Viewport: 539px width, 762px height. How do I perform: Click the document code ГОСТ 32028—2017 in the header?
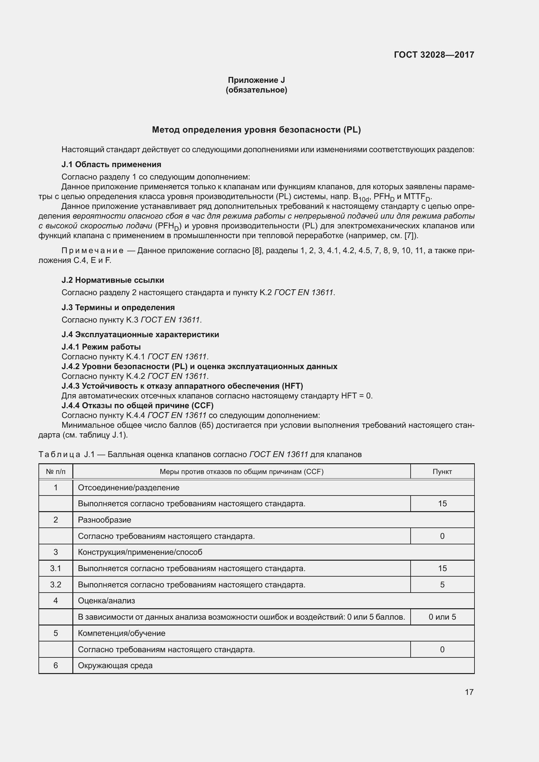434,55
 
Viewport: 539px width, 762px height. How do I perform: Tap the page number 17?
469,692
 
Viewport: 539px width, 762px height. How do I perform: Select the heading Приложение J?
256,80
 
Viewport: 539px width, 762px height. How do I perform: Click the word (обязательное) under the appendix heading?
256,90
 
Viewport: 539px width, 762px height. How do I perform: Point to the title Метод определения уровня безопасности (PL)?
256,130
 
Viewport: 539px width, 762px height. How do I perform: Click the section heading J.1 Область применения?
111,165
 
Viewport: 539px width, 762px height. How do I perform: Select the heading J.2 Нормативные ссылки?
113,280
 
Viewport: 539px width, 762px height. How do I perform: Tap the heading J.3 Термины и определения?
118,307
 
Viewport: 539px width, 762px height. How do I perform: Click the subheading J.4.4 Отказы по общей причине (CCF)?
138,405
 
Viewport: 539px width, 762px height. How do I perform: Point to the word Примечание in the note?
93,251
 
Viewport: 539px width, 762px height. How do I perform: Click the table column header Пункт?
442,472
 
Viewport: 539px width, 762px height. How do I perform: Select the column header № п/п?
56,472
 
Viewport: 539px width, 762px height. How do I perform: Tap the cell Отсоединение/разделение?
128,488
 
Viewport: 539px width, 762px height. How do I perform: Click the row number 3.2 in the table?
56,584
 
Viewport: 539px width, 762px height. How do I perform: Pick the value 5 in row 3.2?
442,584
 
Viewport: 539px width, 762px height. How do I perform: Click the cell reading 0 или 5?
442,617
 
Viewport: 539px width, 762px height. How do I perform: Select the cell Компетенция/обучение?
122,633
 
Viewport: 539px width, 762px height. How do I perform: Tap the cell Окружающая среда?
115,666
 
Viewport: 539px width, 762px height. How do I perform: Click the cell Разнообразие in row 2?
105,520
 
